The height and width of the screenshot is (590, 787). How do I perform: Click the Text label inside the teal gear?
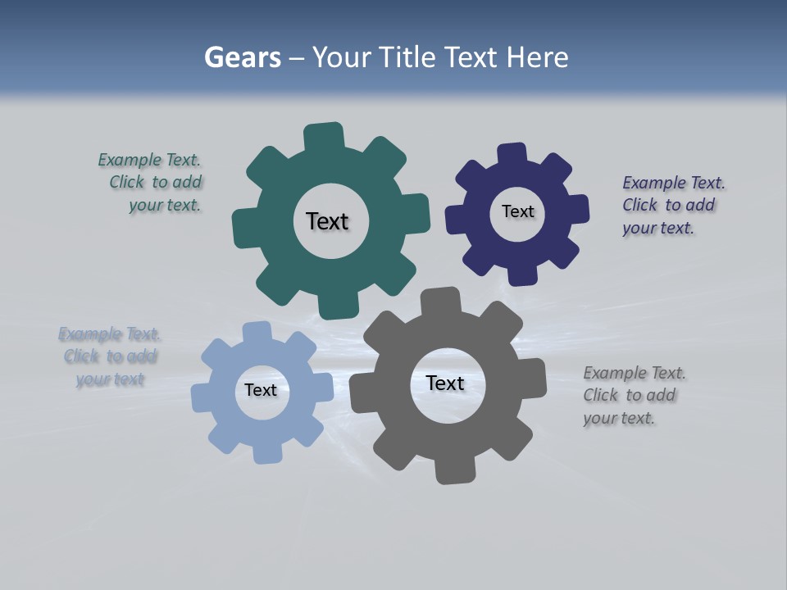[327, 221]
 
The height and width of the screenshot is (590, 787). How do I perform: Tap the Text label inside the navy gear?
[517, 211]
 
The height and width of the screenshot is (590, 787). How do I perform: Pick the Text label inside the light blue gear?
[261, 390]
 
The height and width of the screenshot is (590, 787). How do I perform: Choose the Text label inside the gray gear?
[445, 383]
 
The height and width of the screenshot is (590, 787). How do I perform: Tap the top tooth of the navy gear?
[512, 155]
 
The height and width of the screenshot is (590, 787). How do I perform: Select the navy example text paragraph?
[673, 206]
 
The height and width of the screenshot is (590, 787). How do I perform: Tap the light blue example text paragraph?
[110, 356]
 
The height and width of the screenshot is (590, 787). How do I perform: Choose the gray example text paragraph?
[634, 396]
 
